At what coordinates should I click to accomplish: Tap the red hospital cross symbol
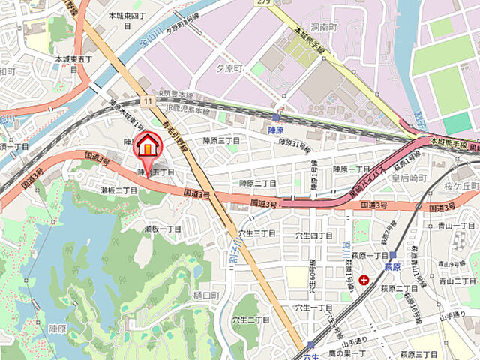[364, 280]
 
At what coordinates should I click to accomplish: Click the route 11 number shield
[150, 99]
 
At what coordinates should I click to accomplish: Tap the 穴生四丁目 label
[316, 236]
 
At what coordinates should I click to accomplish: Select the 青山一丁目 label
[457, 225]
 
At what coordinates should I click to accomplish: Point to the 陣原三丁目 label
[221, 140]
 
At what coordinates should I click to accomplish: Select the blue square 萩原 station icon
[392, 256]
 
